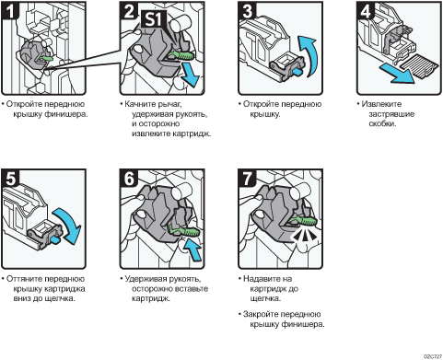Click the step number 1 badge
pyautogui.click(x=10, y=11)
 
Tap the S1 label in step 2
pyautogui.click(x=154, y=19)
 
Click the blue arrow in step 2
pyautogui.click(x=190, y=75)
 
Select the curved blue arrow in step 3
pyautogui.click(x=307, y=55)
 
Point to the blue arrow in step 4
pyautogui.click(x=397, y=74)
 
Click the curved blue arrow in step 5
pyautogui.click(x=68, y=226)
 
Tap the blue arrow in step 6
pyautogui.click(x=192, y=250)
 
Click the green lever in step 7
pyautogui.click(x=302, y=221)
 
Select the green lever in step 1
pyautogui.click(x=46, y=58)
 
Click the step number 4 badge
pyautogui.click(x=366, y=11)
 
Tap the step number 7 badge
pyautogui.click(x=247, y=179)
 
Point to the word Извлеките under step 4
pyautogui.click(x=381, y=104)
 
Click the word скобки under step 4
pyautogui.click(x=382, y=124)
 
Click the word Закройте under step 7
pyautogui.click(x=261, y=314)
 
